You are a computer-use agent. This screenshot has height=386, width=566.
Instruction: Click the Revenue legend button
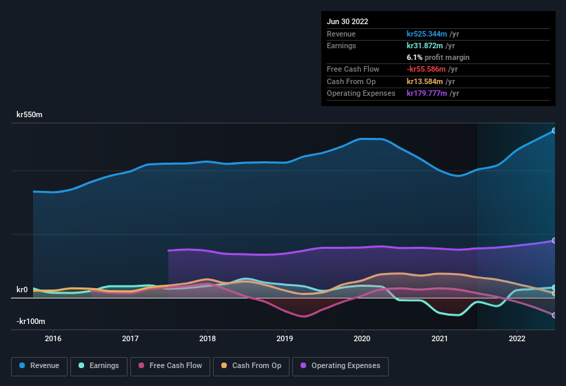tap(40, 366)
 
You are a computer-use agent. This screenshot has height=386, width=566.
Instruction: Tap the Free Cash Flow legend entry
tap(170, 366)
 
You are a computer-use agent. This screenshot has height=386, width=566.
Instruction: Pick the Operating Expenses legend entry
tap(341, 366)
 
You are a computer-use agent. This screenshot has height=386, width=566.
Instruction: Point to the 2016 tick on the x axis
tap(53, 338)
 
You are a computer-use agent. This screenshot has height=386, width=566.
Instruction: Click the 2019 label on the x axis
tap(285, 338)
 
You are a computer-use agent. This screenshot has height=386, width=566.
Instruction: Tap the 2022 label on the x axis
tap(517, 338)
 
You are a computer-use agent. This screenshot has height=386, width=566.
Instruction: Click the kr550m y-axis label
tap(30, 115)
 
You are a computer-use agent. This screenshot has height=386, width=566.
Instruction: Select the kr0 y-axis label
tap(22, 290)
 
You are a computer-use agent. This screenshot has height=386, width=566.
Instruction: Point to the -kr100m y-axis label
tap(31, 322)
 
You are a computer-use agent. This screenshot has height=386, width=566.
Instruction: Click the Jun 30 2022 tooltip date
tap(347, 21)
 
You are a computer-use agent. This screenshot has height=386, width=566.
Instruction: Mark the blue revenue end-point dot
tap(554, 130)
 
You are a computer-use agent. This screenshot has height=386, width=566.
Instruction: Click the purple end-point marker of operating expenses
tap(554, 241)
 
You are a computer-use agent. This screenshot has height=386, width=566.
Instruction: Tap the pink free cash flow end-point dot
tap(554, 315)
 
